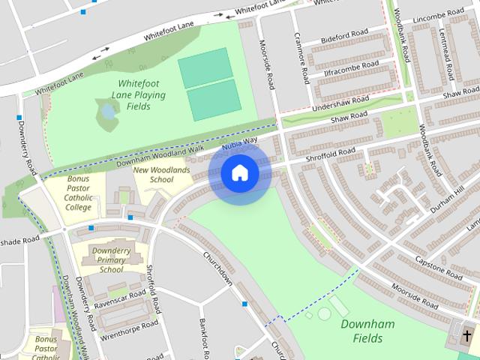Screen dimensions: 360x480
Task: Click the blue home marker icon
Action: tap(239, 173)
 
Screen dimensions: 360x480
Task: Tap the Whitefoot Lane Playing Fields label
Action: tap(138, 95)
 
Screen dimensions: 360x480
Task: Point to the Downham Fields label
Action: tap(367, 332)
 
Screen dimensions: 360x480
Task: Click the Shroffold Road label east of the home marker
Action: tap(331, 154)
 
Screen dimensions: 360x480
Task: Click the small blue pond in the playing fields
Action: tap(108, 112)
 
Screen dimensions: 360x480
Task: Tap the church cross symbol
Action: tap(467, 335)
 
